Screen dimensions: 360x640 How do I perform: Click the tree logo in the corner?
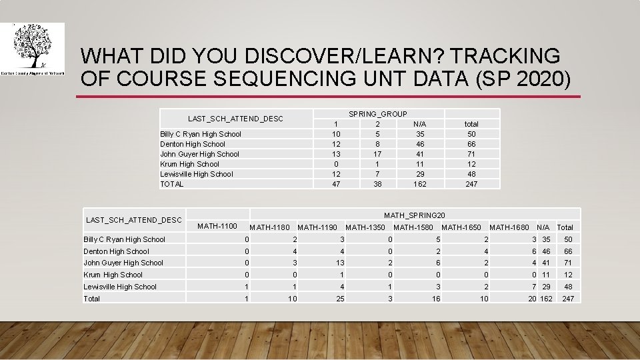[33, 47]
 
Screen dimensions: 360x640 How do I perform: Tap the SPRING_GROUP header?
[378, 114]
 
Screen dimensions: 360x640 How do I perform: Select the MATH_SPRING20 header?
[414, 215]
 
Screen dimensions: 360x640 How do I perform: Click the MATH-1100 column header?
[217, 226]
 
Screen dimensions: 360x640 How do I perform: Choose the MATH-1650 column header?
[461, 227]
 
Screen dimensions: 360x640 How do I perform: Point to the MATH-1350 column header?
[365, 227]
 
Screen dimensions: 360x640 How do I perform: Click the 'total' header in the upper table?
[471, 124]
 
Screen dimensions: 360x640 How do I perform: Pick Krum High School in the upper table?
[189, 164]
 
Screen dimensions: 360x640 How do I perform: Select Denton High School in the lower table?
[116, 251]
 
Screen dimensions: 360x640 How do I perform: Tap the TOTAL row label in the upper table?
[171, 184]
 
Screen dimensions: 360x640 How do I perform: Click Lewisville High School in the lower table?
[120, 287]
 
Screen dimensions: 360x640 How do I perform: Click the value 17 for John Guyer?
[377, 154]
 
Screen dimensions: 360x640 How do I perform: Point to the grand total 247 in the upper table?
[471, 184]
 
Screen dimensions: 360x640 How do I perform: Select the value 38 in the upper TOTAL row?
[377, 184]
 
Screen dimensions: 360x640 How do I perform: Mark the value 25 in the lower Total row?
[340, 299]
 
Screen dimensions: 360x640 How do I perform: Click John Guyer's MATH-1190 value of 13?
[340, 263]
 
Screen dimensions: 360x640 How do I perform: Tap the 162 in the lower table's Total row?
[547, 299]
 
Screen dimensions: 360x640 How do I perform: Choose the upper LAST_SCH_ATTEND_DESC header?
[235, 119]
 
